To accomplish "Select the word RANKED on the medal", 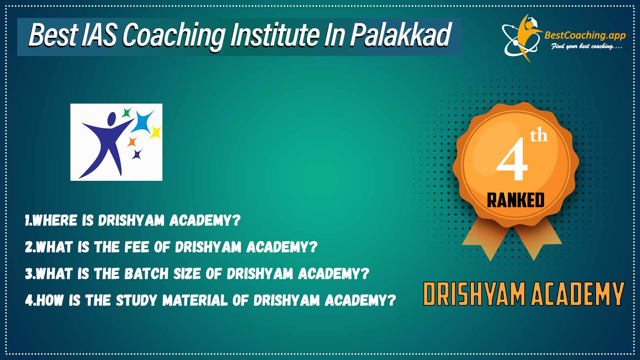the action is pyautogui.click(x=516, y=200).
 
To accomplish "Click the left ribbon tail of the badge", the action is pyautogui.click(x=486, y=240).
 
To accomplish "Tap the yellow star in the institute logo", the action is pyautogui.click(x=156, y=132).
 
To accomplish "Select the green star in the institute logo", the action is pyautogui.click(x=126, y=113).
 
